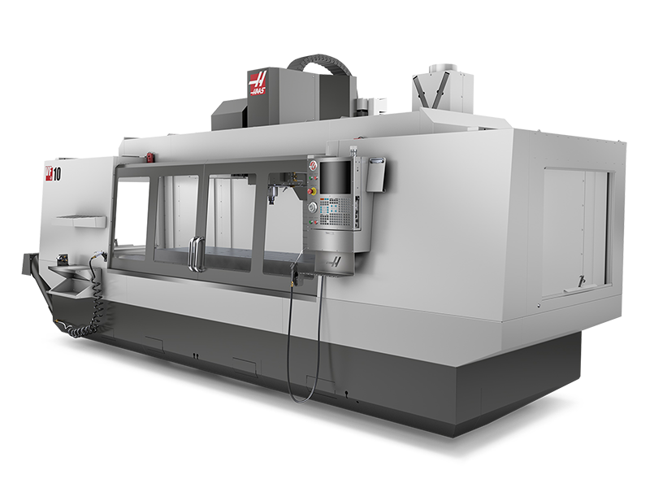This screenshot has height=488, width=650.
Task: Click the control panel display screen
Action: (x=336, y=180)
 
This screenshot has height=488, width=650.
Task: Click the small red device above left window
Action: (x=149, y=155)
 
